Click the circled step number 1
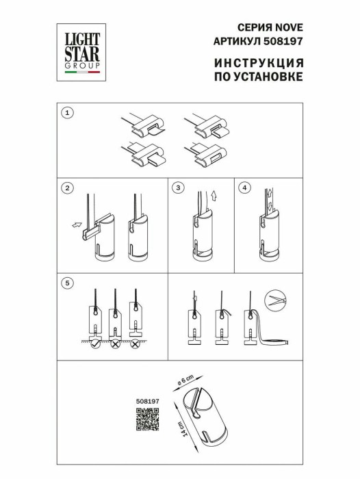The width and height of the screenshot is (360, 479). point(66,113)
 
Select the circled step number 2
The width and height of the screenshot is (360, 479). point(66,187)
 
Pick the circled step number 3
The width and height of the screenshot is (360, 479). point(179,187)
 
